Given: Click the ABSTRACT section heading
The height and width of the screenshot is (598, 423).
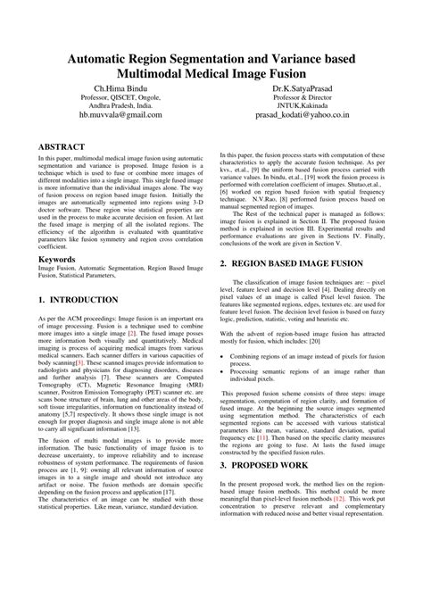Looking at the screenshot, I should (x=62, y=145).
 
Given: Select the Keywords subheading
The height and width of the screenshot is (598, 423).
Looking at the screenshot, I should (x=58, y=260).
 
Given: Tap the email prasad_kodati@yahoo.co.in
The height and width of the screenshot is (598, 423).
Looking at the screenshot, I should (x=310, y=116).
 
